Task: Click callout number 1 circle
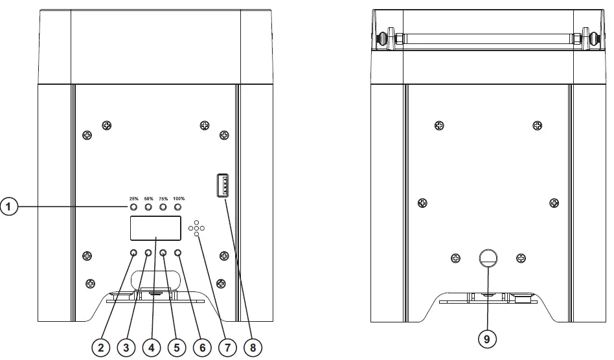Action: [8, 207]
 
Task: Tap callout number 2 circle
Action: [101, 348]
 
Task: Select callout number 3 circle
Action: [126, 348]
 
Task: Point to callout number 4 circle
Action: [152, 348]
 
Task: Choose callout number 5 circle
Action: [176, 348]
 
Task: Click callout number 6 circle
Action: [202, 348]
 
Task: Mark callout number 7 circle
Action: [227, 348]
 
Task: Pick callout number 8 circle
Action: [253, 348]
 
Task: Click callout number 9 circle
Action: [487, 338]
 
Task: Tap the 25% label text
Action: [133, 198]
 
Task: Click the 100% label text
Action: [179, 198]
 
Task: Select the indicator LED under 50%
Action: [148, 207]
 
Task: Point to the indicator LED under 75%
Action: [163, 207]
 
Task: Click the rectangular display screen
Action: [155, 229]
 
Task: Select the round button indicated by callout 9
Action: [488, 258]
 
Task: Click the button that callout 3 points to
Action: [148, 253]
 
